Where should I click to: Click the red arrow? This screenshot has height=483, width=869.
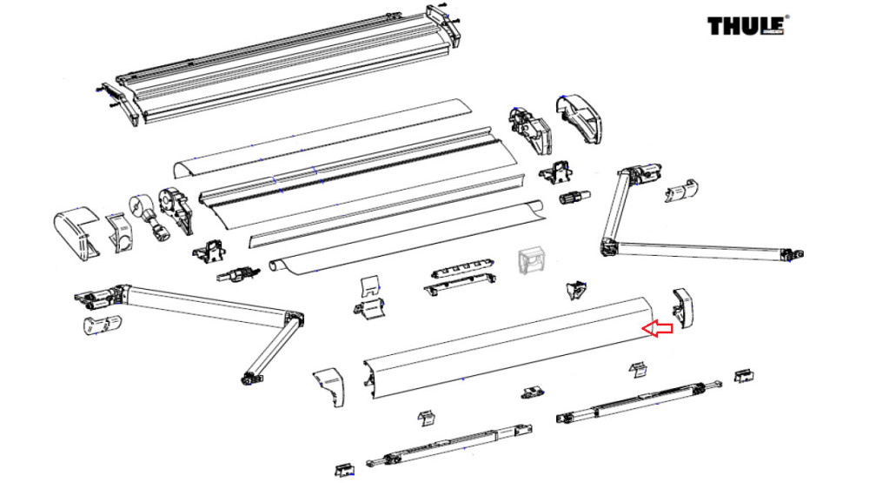(x=656, y=328)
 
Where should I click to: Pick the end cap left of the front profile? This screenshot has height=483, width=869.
(x=329, y=386)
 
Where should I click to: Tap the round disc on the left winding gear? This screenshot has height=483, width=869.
(x=139, y=206)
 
